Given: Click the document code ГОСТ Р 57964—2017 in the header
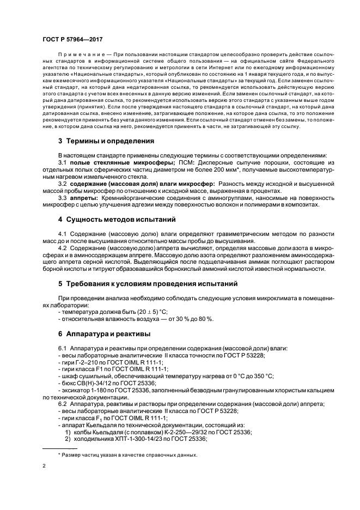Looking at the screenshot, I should (71, 40).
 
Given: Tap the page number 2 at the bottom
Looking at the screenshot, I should (44, 466).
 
